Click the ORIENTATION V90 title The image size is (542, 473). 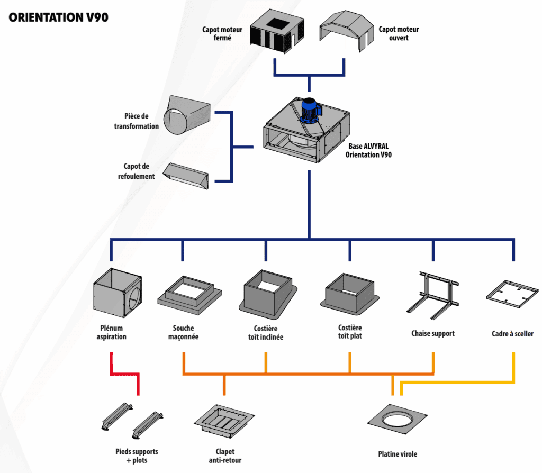[59, 17]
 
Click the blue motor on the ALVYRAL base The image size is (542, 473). [311, 112]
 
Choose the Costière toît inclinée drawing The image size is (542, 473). [266, 294]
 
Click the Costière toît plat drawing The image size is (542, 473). [350, 293]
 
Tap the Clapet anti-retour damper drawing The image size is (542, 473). [223, 422]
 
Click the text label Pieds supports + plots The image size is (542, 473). [137, 456]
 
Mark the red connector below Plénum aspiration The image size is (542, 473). [125, 374]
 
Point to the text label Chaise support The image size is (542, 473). [433, 334]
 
